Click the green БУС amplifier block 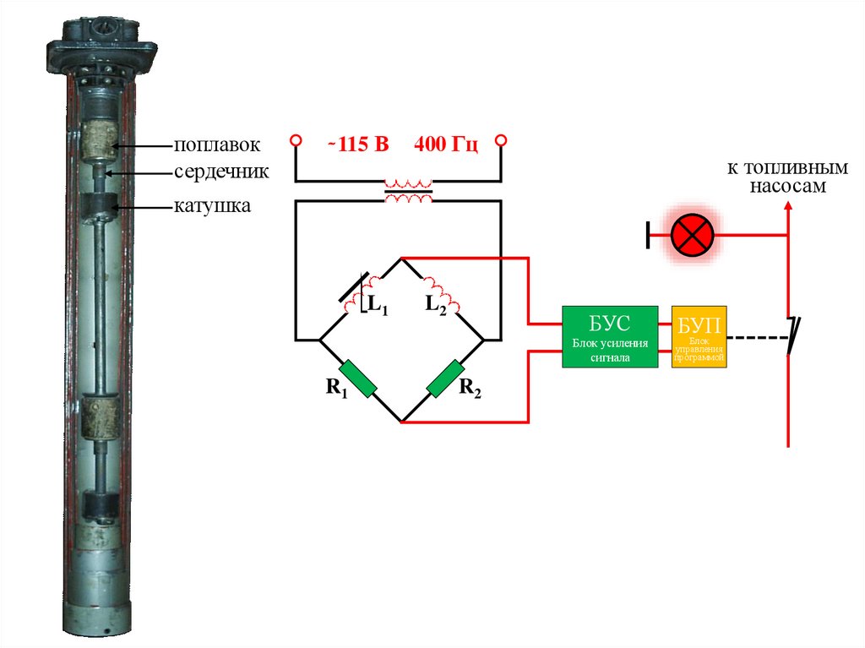coord(611,335)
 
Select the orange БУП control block coord(699,335)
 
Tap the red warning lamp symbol coord(694,233)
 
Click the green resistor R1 coord(358,379)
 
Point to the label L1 coord(377,305)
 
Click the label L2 coord(435,304)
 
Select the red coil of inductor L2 coord(442,292)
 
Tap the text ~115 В coord(358,144)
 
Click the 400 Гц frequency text coord(446,144)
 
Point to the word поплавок coord(213,145)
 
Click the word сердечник coord(221,172)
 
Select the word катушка coord(212,205)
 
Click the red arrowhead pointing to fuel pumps coord(787,208)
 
